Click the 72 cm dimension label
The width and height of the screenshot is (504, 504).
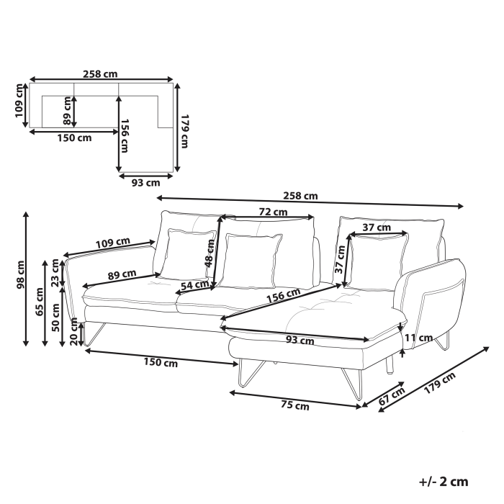click(274, 212)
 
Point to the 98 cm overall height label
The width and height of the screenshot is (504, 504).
click(21, 276)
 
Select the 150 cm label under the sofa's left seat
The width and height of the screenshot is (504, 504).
click(161, 363)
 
